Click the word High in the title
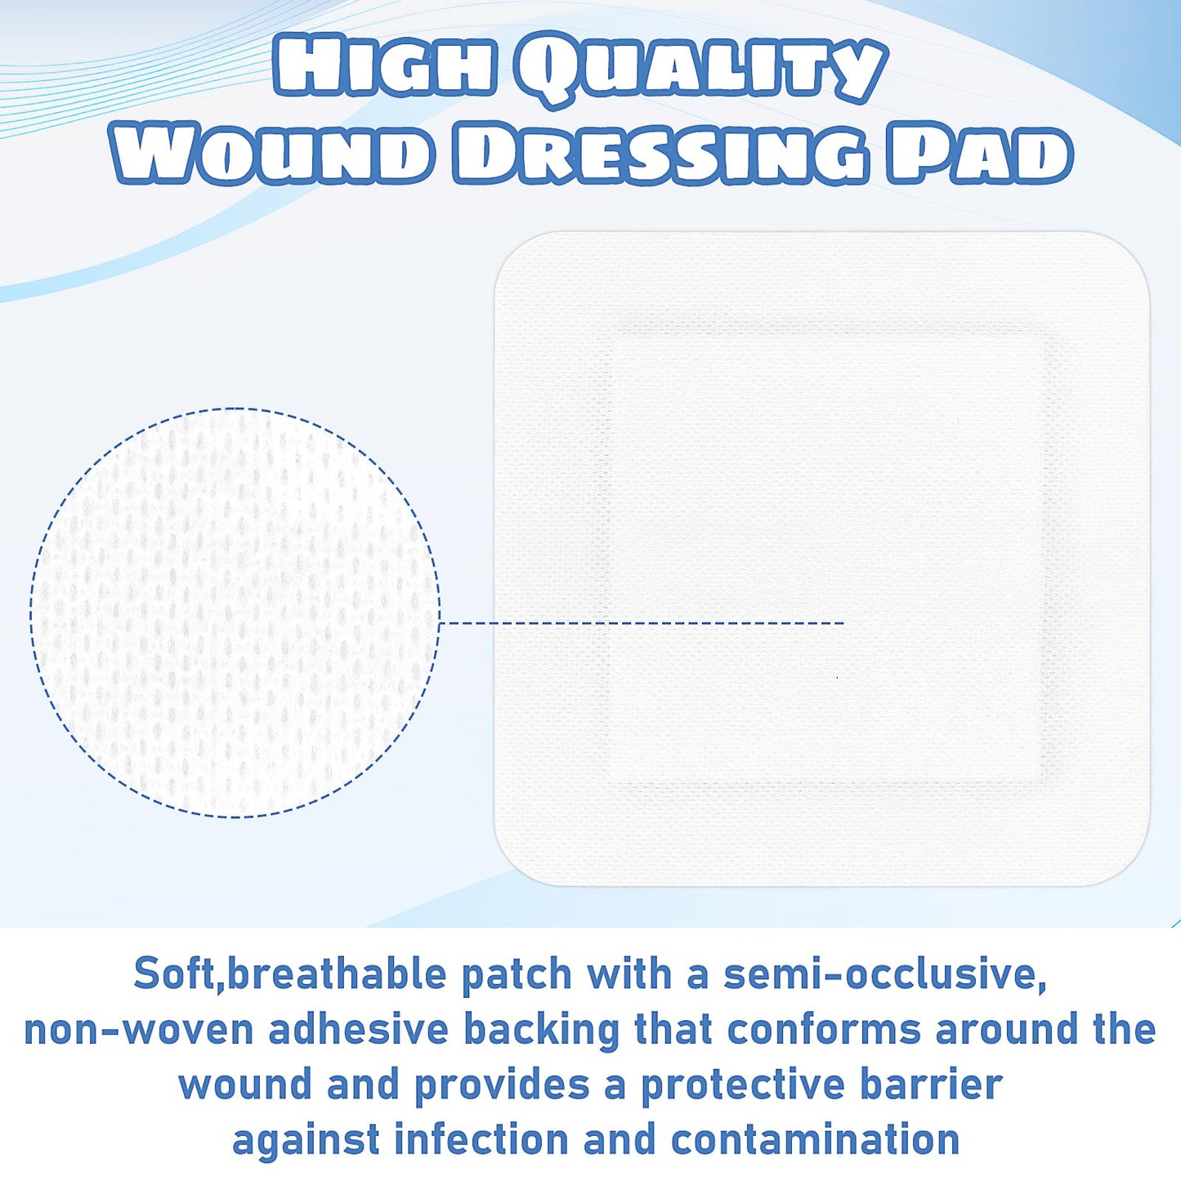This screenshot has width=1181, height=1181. point(385,69)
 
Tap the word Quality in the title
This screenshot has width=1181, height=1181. point(700,70)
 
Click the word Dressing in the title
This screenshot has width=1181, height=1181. point(660,153)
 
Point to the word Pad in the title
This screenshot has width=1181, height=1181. point(980,153)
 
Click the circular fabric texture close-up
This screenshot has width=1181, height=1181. point(235,612)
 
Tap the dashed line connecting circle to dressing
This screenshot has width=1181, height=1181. point(642,624)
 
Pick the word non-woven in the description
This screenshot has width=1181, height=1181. point(139,1030)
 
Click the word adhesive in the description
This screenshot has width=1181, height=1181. point(359,1030)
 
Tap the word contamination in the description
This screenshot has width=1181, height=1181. point(815,1139)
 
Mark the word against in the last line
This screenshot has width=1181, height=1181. point(306,1141)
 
